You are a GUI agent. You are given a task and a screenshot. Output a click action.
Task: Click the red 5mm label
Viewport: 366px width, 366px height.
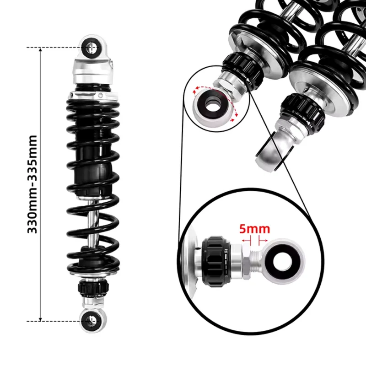pyautogui.click(x=255, y=229)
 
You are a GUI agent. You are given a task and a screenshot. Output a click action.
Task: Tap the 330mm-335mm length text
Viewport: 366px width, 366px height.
pyautogui.click(x=32, y=184)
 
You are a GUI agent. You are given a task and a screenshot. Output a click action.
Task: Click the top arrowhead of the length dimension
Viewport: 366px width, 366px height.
pyautogui.click(x=40, y=49)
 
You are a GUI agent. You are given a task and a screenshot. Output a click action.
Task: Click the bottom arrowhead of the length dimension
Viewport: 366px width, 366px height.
pyautogui.click(x=40, y=319)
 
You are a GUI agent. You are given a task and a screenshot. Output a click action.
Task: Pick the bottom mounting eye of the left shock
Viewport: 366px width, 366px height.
pyautogui.click(x=92, y=321)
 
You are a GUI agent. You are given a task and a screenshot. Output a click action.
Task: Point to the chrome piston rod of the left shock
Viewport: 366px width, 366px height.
pyautogui.click(x=93, y=222)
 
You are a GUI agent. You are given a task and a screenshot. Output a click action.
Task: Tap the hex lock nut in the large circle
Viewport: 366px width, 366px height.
pyautogui.click(x=246, y=261)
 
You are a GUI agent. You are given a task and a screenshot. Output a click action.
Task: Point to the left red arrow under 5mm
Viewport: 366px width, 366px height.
pyautogui.click(x=246, y=241)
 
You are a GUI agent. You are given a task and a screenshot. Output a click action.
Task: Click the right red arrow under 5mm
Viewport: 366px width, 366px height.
pyautogui.click(x=263, y=241)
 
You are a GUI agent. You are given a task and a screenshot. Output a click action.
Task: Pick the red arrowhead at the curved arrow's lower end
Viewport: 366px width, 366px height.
pyautogui.click(x=233, y=120)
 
